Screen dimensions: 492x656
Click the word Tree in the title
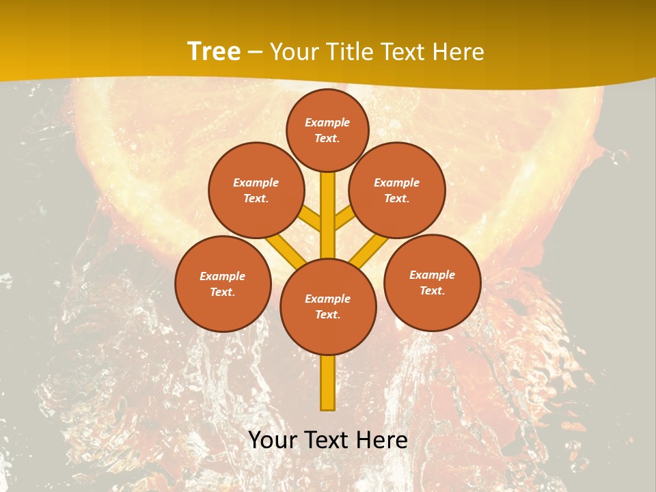pyautogui.click(x=214, y=51)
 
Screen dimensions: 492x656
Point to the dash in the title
pyautogui.click(x=254, y=53)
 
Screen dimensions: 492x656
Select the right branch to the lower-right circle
pyautogui.click(x=369, y=250)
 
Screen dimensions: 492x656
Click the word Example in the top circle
pyautogui.click(x=327, y=123)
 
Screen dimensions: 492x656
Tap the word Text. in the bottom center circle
pyautogui.click(x=327, y=315)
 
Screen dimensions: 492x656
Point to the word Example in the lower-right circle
pyautogui.click(x=432, y=275)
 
